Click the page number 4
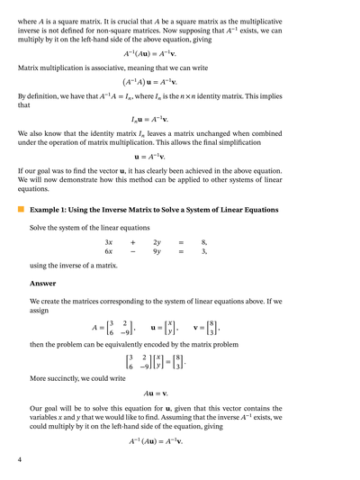[20, 460]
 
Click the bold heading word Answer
[42, 283]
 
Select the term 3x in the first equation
[108, 242]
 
